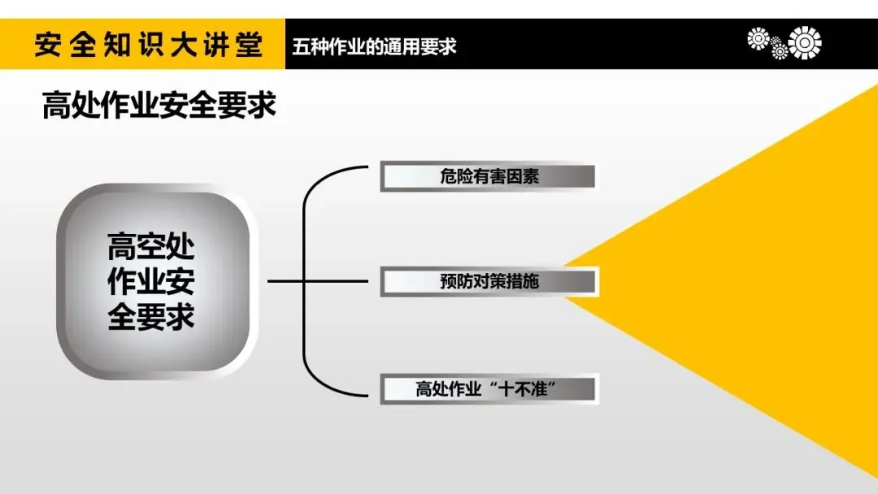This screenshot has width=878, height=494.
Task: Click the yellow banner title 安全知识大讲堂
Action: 149,45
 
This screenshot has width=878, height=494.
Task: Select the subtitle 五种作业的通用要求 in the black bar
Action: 375,45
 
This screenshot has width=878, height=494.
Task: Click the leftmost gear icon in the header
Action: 758,38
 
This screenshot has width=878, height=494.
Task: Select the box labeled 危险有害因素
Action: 489,176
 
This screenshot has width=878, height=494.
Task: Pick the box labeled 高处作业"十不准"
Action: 489,388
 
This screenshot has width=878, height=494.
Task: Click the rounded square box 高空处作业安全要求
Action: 152,281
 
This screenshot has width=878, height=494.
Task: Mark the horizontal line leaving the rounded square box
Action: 286,282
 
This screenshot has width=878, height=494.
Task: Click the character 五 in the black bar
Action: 302,45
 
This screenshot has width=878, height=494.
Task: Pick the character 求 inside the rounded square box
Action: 180,316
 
